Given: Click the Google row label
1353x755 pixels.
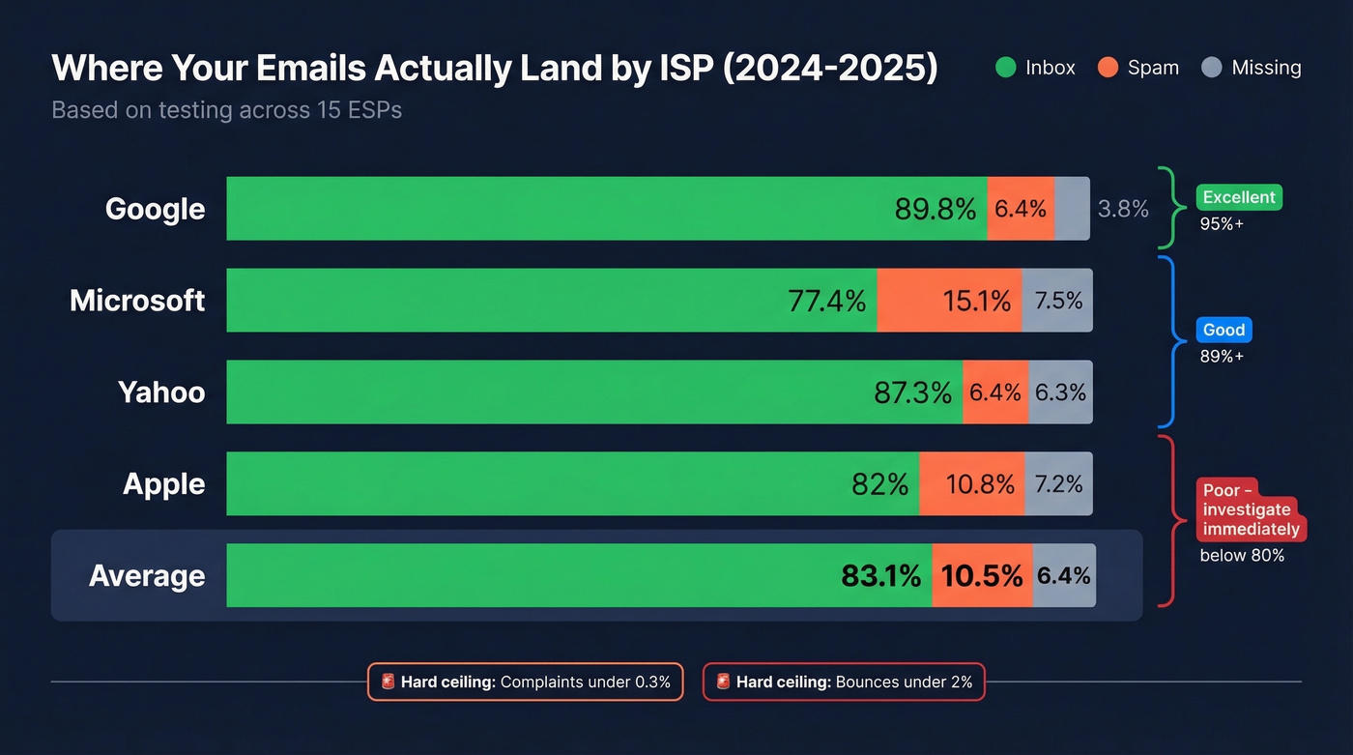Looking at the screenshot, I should click(x=155, y=209).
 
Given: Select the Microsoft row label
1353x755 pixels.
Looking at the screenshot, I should click(x=137, y=301).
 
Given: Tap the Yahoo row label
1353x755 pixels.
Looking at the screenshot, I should click(x=161, y=392).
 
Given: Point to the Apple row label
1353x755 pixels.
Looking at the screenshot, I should click(x=163, y=484).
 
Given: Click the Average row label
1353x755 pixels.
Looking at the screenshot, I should click(x=147, y=576).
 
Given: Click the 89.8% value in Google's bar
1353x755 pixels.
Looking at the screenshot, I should click(x=935, y=209).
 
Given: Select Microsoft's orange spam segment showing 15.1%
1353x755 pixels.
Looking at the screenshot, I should click(x=976, y=301).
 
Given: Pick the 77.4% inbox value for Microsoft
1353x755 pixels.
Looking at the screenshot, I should click(x=826, y=301).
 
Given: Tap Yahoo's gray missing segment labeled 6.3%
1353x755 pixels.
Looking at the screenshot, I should click(x=1060, y=392).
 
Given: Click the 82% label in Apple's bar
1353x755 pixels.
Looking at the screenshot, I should click(x=879, y=484).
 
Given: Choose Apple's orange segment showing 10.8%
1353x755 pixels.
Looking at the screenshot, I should click(x=979, y=484).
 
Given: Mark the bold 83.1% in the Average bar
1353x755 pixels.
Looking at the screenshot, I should click(x=880, y=576).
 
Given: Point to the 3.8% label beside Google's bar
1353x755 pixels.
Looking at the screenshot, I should click(x=1123, y=209).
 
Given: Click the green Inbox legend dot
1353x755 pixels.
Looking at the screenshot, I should click(x=1005, y=68).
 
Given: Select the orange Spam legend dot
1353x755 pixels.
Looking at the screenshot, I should click(x=1108, y=68).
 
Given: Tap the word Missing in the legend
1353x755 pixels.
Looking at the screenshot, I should click(x=1266, y=68).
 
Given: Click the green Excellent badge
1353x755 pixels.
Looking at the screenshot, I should click(x=1239, y=197).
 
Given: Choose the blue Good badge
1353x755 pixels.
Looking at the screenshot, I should click(x=1223, y=330).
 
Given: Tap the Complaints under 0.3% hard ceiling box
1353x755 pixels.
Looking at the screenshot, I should click(x=526, y=682).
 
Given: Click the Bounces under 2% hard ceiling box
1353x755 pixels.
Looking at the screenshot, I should click(x=844, y=682).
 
